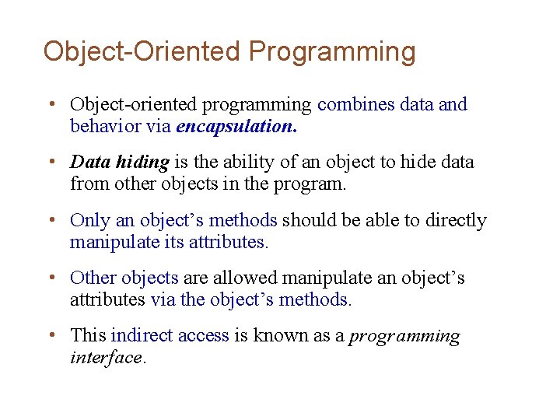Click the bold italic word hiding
point(142,163)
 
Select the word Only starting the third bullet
point(86,221)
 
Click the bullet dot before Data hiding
point(50,163)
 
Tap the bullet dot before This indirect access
point(50,336)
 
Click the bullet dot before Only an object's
point(50,221)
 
